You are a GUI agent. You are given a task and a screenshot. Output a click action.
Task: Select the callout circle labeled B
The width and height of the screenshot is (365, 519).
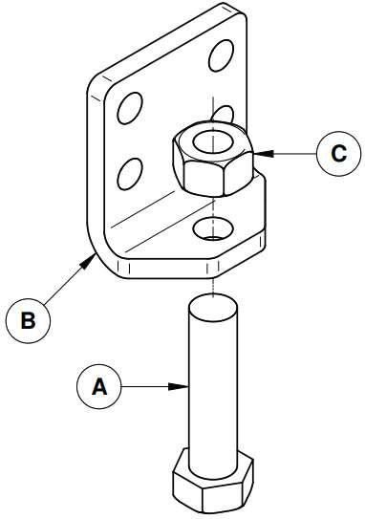[x=28, y=320]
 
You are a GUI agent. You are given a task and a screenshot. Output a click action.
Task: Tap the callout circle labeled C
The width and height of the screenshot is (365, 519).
[x=338, y=153]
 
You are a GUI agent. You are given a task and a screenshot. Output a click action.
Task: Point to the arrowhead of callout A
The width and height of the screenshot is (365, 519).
[x=179, y=386]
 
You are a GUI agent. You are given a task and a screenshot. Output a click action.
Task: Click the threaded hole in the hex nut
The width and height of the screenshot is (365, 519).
[x=211, y=141]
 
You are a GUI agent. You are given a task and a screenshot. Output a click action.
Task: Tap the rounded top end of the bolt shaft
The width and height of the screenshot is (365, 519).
[x=213, y=309]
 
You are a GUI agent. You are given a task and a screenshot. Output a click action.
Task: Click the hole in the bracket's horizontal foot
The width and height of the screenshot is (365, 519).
[x=213, y=229]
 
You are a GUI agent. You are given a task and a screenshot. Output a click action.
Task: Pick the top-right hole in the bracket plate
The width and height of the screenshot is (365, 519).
[x=221, y=55]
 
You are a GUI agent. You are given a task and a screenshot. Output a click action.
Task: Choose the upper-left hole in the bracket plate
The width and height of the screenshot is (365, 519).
[x=130, y=108]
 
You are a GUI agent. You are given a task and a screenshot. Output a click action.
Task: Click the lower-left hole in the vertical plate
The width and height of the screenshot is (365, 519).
[x=130, y=174]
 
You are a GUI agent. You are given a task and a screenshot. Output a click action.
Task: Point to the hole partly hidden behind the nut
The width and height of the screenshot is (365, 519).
[x=223, y=113]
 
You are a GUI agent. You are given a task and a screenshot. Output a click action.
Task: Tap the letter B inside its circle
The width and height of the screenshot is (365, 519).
[x=28, y=321]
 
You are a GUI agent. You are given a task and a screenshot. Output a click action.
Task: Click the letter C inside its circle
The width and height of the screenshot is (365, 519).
[x=339, y=154]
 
